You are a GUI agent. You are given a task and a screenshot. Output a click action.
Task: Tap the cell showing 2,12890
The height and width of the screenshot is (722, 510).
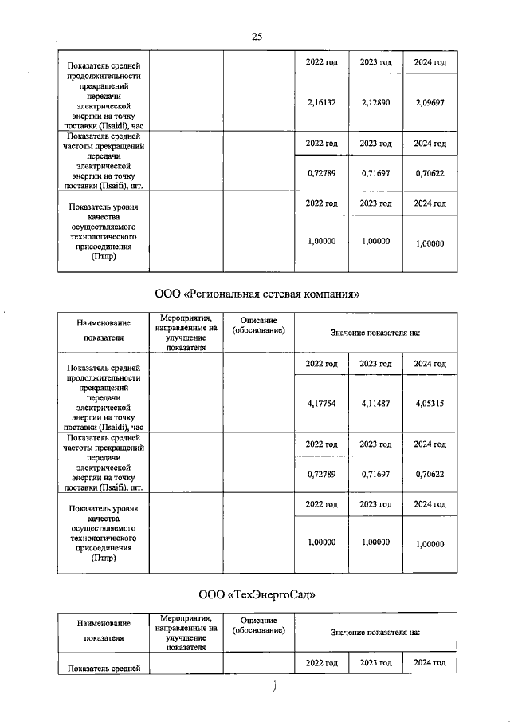point(375,102)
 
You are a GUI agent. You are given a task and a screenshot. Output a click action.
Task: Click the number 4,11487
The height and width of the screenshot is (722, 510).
point(375,404)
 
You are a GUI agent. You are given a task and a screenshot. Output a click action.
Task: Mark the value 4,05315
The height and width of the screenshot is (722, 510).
point(430,404)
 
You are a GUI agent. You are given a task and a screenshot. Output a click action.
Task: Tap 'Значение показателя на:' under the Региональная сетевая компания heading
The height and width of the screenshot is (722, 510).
point(375,331)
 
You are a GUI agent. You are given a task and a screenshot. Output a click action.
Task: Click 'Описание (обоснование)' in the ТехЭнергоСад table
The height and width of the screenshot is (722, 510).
point(258,625)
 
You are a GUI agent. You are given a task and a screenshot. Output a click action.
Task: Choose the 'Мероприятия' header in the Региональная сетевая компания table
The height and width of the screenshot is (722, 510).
point(185,332)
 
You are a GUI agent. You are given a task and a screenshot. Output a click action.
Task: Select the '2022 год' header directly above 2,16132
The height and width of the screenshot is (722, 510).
point(322,62)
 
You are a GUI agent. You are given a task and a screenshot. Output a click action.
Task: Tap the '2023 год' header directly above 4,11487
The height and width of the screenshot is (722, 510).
point(375,364)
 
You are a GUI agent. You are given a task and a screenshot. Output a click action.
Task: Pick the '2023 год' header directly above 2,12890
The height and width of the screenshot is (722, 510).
point(375,62)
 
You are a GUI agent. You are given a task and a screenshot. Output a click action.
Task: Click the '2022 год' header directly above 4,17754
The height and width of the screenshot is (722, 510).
point(322,364)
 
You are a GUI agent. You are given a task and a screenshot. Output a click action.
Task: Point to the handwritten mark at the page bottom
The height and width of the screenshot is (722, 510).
point(273,687)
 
